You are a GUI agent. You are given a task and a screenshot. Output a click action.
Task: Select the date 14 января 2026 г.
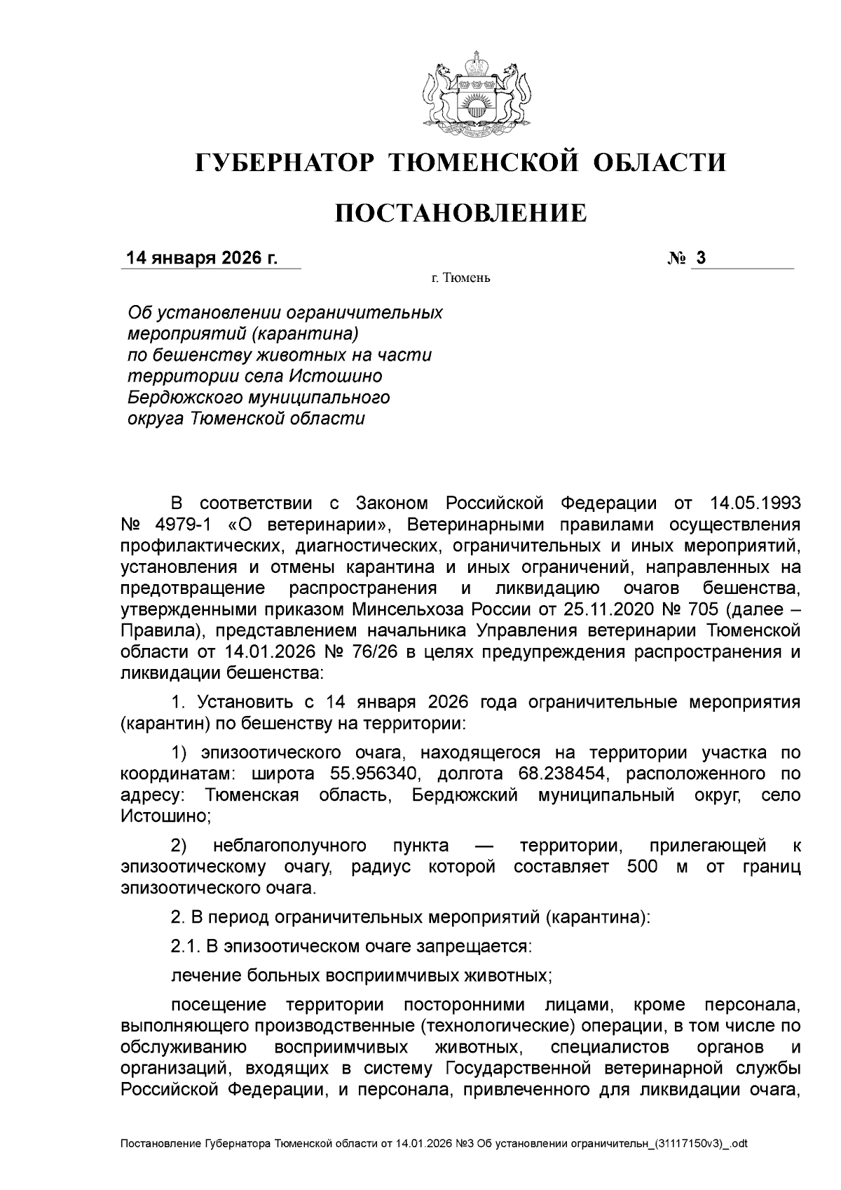(202, 258)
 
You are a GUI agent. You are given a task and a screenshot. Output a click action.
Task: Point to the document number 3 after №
(700, 258)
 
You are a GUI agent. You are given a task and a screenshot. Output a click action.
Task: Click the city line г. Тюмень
(460, 278)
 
